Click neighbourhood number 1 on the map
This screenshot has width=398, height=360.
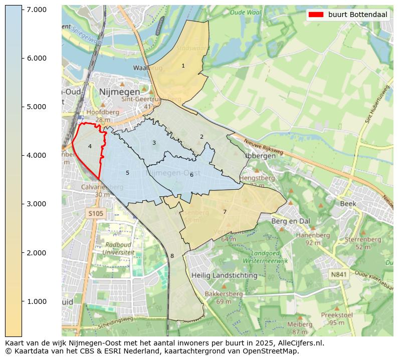[183, 66]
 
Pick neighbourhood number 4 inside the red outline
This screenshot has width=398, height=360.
[90, 147]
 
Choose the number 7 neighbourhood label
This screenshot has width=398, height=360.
[225, 212]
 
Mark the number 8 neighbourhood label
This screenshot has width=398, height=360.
[172, 256]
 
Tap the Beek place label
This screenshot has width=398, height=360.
[348, 204]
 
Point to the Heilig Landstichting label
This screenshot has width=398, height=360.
[225, 275]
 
